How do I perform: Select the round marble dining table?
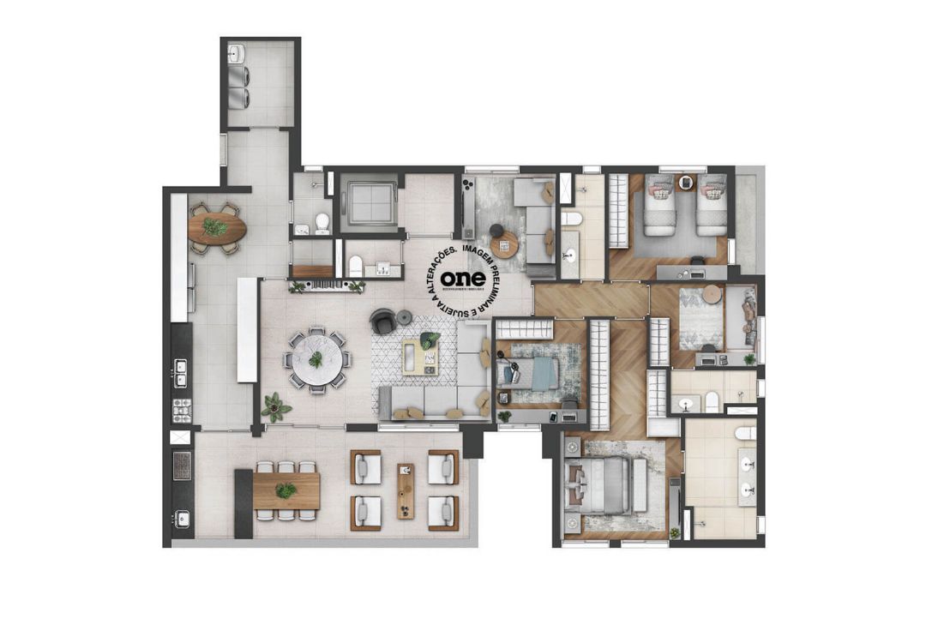point(316,360)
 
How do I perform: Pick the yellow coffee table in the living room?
point(422,356)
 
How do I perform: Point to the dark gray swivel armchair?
point(382,322)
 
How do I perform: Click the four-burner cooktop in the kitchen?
point(182,410)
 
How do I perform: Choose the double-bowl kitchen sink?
point(182,374)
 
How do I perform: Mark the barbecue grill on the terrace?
point(182,466)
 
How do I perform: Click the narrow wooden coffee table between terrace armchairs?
point(406,490)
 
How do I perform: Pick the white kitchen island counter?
point(247,329)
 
